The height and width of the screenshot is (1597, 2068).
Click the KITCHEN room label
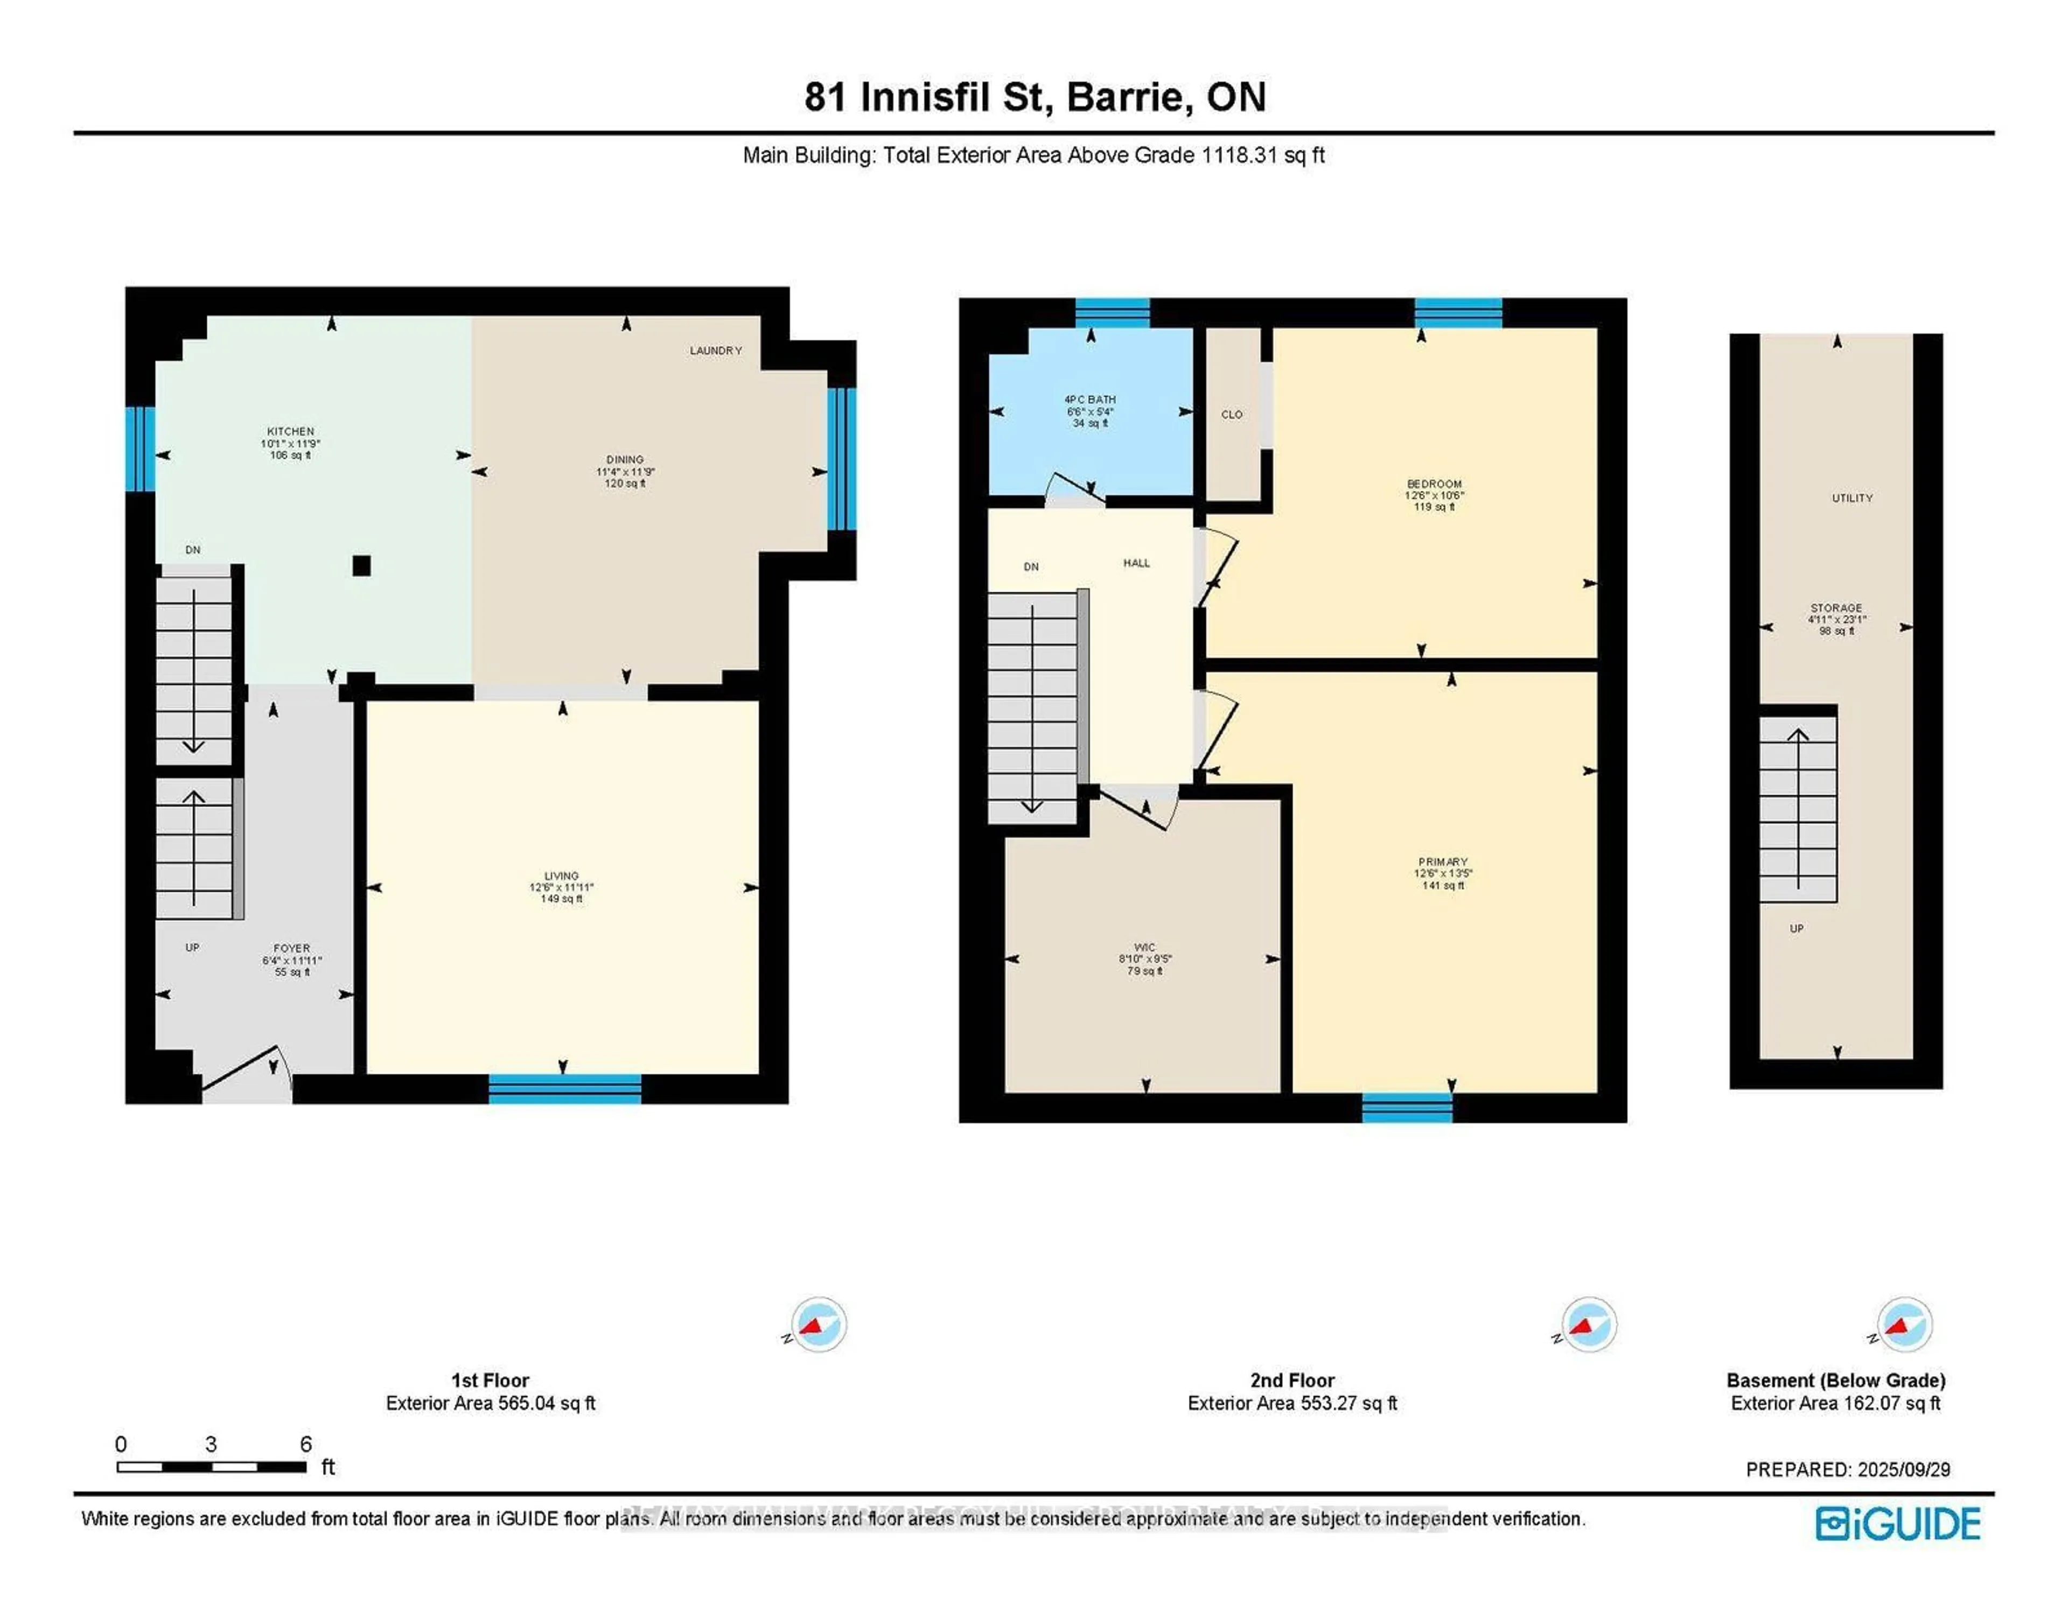290,431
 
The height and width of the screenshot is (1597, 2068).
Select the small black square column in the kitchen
361,565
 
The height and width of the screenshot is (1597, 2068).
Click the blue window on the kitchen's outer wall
140,449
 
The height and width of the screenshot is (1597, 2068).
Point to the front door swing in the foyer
244,1070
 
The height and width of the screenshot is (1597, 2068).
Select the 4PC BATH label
1090,400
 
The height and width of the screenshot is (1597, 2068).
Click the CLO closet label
1231,415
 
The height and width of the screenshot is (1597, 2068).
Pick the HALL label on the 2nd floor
1136,563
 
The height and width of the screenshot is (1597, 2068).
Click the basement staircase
1797,809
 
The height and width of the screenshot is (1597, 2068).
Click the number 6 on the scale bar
306,1444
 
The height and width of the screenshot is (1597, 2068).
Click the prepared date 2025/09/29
1903,1469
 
